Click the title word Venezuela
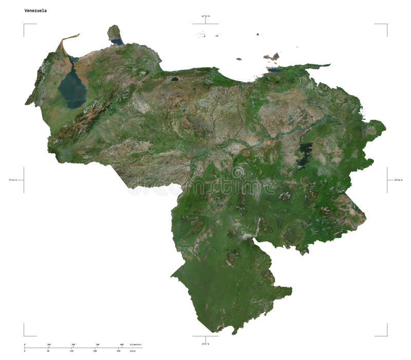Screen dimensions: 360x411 point(35,10)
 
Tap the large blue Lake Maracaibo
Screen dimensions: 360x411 point(72,88)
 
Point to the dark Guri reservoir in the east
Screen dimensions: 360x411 point(305,151)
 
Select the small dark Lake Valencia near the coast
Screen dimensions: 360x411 point(175,80)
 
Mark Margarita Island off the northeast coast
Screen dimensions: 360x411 point(271,57)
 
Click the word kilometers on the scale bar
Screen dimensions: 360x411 point(135,345)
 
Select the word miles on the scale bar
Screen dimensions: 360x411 point(133,351)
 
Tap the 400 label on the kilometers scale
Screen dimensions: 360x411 point(122,345)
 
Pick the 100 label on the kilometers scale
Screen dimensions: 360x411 point(49,345)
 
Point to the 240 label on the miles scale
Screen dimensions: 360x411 point(119,351)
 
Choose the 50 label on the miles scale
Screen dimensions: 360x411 point(48,351)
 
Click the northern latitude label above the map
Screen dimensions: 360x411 point(206,16)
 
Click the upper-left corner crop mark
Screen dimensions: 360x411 point(24,24)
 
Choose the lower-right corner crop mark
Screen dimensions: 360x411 point(386,335)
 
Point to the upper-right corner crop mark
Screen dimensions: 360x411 point(386,24)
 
